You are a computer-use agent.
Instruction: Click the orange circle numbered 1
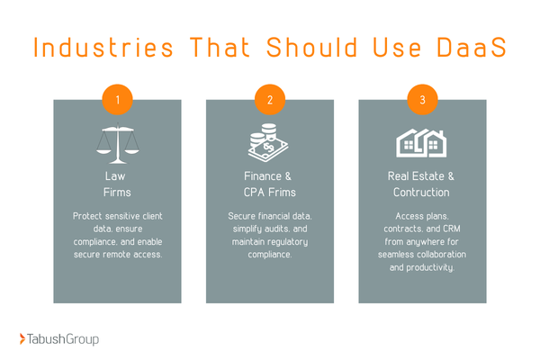[117, 98]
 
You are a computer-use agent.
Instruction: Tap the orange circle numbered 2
[270, 98]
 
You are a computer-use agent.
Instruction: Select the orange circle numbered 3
[422, 98]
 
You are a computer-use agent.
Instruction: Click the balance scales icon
[117, 142]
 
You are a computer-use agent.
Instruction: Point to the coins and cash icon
[270, 143]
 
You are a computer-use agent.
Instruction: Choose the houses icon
[422, 142]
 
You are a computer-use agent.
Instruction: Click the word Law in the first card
[117, 176]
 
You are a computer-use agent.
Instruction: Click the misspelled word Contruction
[422, 193]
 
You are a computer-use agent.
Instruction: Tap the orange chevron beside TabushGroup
[23, 338]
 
